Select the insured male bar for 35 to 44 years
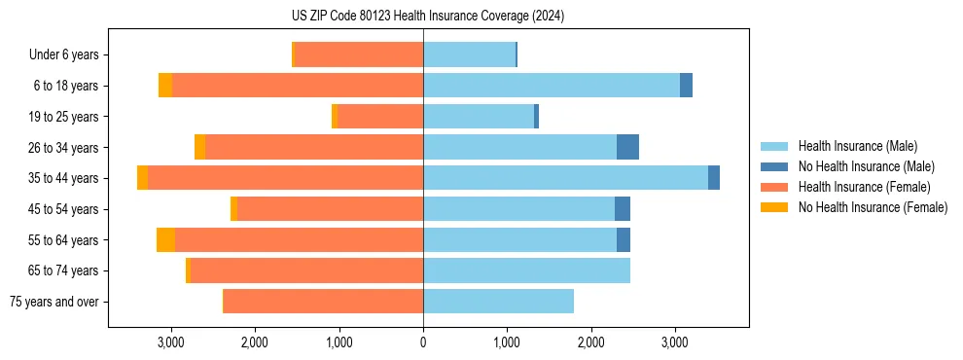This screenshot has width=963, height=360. (565, 177)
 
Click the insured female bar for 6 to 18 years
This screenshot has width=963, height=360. (297, 85)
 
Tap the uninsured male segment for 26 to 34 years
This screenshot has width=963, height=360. (627, 147)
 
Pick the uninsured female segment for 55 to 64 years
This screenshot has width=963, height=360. (165, 239)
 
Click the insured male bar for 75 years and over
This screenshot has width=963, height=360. (498, 301)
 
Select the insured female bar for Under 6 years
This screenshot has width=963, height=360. (358, 54)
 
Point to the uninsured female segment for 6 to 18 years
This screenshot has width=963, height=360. (165, 85)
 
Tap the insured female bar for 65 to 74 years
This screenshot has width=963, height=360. (306, 270)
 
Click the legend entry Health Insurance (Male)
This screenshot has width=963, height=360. (857, 146)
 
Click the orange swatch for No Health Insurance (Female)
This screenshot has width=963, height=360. (775, 207)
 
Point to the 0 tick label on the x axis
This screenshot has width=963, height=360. (423, 343)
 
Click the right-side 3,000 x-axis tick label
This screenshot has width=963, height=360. (675, 343)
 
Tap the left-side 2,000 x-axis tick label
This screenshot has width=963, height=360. (255, 343)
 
